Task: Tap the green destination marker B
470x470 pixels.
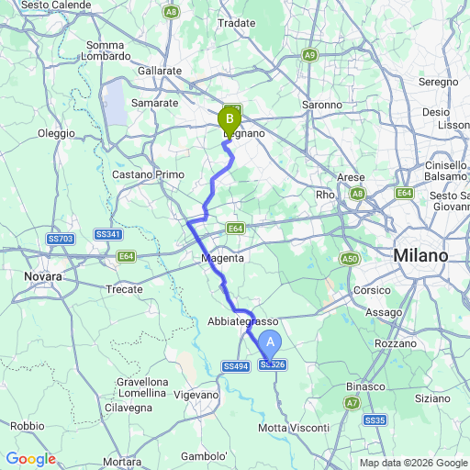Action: (x=229, y=117)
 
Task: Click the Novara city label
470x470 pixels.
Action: (x=43, y=275)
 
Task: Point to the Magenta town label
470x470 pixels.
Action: (x=223, y=259)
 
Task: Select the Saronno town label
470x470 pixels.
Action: (x=321, y=105)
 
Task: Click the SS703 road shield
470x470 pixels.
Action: (x=60, y=239)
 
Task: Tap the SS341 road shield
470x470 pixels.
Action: (x=108, y=235)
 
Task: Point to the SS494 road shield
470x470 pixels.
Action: (x=236, y=366)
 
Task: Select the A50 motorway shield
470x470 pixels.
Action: (x=349, y=260)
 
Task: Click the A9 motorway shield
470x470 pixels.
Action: (x=310, y=55)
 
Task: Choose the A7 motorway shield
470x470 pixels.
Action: (x=352, y=402)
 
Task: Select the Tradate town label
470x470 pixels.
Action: (x=237, y=22)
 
